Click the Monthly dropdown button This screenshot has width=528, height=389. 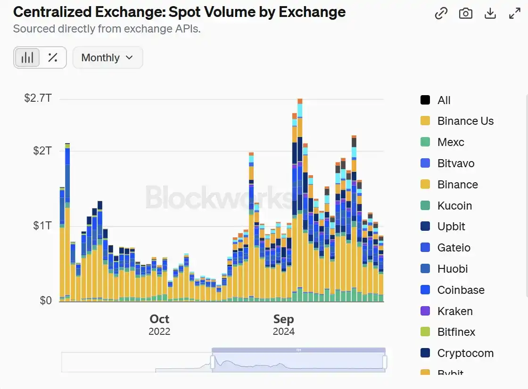[107, 57]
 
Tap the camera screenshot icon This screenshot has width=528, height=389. [466, 14]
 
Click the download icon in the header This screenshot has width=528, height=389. [490, 14]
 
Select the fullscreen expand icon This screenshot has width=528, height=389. [515, 14]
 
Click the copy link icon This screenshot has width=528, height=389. [441, 14]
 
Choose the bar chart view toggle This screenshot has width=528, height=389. [27, 57]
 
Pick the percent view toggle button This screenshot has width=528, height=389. [53, 57]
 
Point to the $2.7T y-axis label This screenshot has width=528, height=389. [38, 98]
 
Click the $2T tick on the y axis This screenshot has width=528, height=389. [42, 151]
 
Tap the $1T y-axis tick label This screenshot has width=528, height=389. [42, 226]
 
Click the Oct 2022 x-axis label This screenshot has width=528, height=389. [159, 324]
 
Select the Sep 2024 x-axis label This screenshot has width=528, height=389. [284, 324]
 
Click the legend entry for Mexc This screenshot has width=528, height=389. [450, 142]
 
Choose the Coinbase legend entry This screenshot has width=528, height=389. [461, 290]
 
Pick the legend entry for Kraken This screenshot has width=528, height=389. [455, 311]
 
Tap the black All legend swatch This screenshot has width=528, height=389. [425, 100]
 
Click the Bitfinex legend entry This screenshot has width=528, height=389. [456, 332]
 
